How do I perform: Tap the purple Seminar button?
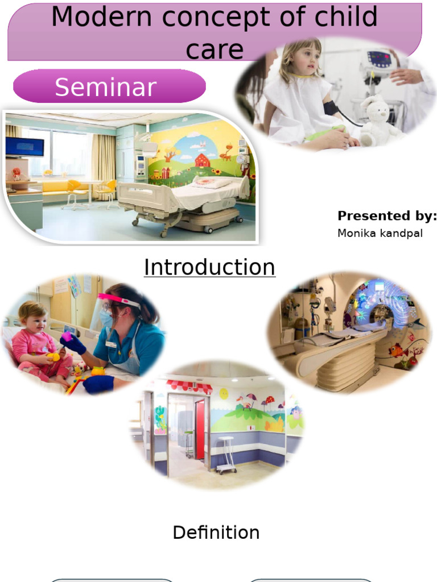(x=106, y=87)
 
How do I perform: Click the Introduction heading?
(x=209, y=267)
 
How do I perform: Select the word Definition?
(x=216, y=533)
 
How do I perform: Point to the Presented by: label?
(x=387, y=216)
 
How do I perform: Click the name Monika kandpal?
(x=380, y=233)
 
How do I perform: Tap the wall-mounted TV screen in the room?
(x=24, y=147)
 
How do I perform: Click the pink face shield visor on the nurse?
(x=118, y=300)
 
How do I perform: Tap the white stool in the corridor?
(x=226, y=455)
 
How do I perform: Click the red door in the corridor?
(x=200, y=429)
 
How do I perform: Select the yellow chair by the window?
(x=74, y=190)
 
